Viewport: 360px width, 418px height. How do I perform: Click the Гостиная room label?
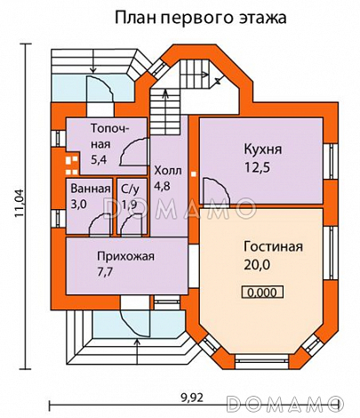pyautogui.click(x=274, y=247)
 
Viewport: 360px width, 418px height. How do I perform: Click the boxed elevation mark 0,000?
pyautogui.click(x=260, y=291)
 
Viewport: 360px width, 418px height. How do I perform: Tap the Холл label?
pyautogui.click(x=167, y=171)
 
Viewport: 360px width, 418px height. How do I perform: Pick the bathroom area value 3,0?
pyautogui.click(x=80, y=204)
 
